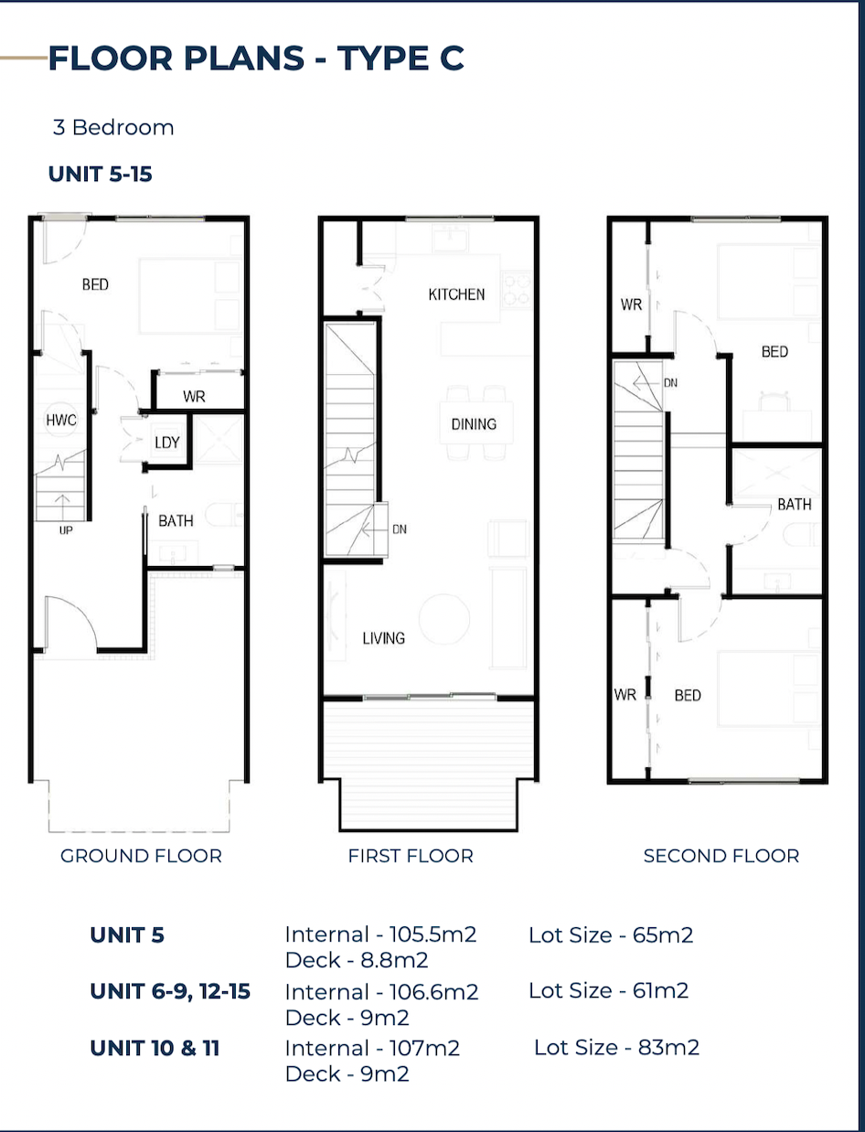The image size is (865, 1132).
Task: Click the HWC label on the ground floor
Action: click(61, 421)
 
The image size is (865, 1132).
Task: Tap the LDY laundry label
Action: click(167, 443)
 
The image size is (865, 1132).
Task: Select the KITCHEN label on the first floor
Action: click(456, 294)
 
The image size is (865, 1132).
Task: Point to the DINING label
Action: click(474, 424)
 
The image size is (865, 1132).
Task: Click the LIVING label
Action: click(383, 638)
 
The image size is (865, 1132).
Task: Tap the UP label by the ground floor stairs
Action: click(66, 530)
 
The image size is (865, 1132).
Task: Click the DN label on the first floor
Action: click(400, 529)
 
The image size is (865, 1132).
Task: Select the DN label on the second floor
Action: click(670, 383)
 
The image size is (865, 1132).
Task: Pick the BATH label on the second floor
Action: click(795, 505)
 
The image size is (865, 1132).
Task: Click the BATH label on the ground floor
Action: click(176, 521)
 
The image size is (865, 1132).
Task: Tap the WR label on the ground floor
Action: click(194, 397)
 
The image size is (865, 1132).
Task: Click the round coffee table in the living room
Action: click(444, 619)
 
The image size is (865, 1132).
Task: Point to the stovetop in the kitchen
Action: click(517, 289)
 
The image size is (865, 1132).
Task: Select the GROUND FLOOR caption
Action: click(141, 856)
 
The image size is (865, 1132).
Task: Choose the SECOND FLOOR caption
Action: click(721, 856)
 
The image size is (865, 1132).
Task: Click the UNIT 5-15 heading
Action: click(100, 175)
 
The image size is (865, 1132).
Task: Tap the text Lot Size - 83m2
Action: click(616, 1048)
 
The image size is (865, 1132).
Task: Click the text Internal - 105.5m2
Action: click(380, 934)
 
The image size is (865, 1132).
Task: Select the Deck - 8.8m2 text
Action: click(357, 960)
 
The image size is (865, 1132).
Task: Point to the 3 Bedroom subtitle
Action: click(113, 127)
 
